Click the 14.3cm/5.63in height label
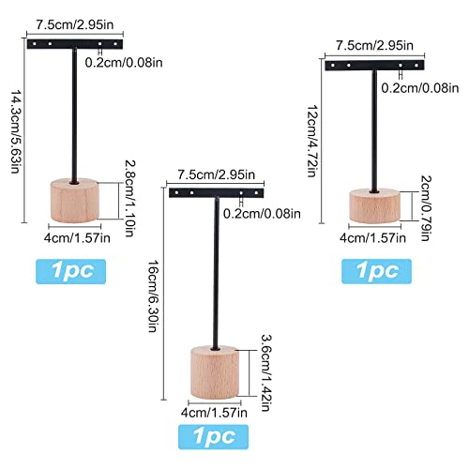tap(17, 131)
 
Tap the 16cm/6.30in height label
tap(153, 295)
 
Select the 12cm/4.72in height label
tap(312, 141)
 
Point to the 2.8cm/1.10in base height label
tap(130, 198)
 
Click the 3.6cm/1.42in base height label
tap(266, 372)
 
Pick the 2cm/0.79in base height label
tap(426, 208)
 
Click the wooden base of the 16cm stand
tap(215, 372)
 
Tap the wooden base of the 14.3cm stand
tap(74, 201)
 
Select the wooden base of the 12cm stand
tap(374, 205)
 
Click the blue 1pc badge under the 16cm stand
tap(213, 437)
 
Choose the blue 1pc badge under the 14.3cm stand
tap(71, 271)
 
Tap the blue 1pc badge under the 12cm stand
tap(376, 271)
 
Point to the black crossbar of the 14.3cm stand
tap(75, 44)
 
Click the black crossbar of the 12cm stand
tap(374, 66)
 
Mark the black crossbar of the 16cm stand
tap(217, 193)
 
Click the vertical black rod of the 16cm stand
tap(216, 273)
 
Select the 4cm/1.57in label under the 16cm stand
tap(214, 413)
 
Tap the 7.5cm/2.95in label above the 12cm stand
tap(374, 46)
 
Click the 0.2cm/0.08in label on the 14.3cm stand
tap(124, 63)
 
